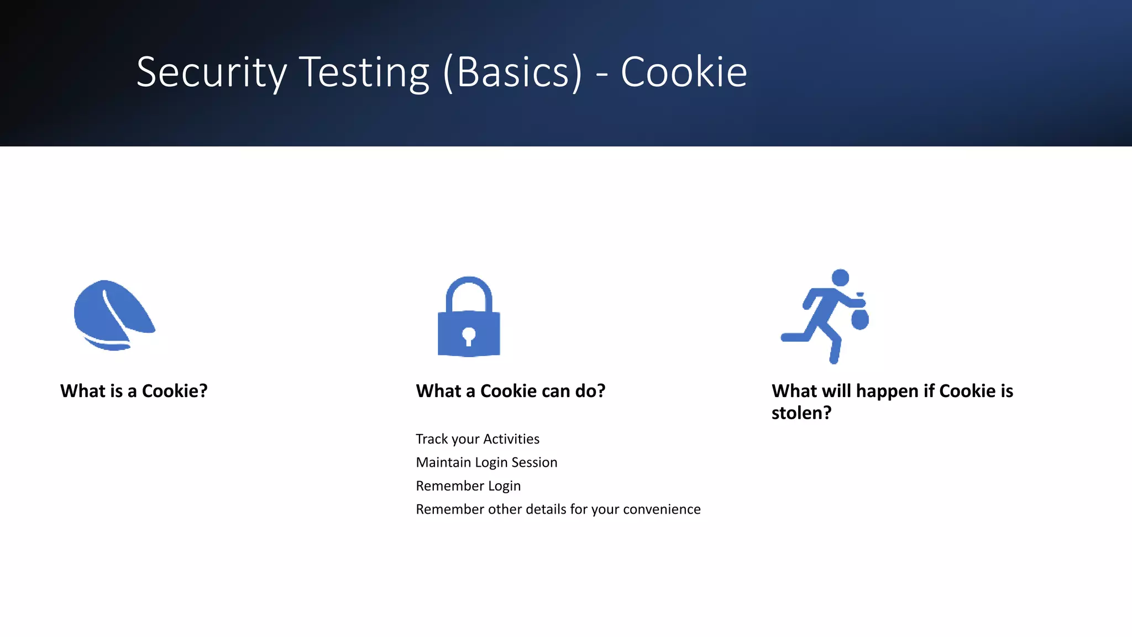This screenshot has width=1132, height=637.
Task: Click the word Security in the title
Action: [x=211, y=72]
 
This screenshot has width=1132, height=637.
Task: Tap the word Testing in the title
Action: [x=365, y=72]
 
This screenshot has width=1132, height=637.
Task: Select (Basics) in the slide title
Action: [x=512, y=72]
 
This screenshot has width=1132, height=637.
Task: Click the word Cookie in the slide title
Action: [x=684, y=72]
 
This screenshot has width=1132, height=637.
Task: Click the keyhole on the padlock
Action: [x=469, y=336]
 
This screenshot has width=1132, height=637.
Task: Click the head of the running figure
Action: [x=840, y=278]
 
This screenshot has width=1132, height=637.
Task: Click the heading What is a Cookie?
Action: [x=134, y=391]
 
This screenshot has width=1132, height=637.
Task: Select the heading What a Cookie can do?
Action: [x=511, y=391]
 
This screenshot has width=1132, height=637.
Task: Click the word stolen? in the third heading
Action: [x=801, y=413]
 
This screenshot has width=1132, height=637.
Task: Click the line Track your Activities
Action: [x=478, y=439]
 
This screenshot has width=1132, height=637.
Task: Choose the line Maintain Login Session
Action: [x=486, y=462]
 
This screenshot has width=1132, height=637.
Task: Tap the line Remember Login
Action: [x=468, y=486]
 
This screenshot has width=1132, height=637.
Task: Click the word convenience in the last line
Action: [x=662, y=509]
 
